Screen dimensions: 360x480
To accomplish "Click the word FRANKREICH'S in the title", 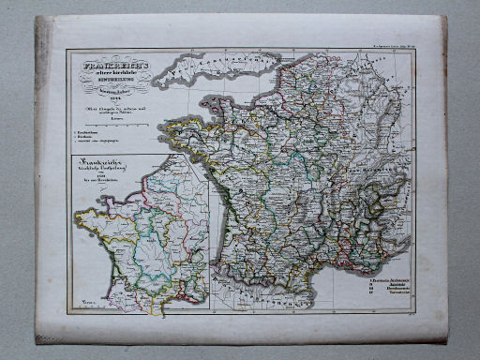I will pyautogui.click(x=103, y=67).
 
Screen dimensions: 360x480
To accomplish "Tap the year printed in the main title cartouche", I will pyautogui.click(x=104, y=101).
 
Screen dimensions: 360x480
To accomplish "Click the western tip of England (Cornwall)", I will pyautogui.click(x=159, y=80).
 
